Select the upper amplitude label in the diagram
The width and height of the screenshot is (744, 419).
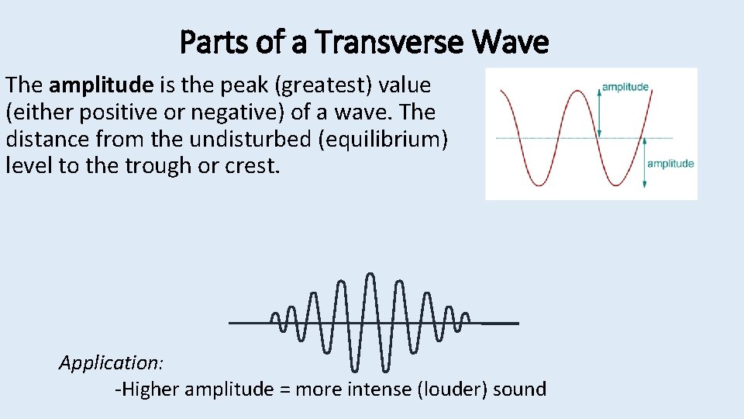click(x=625, y=87)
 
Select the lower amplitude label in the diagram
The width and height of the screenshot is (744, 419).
click(x=670, y=163)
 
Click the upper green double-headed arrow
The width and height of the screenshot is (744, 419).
click(x=599, y=113)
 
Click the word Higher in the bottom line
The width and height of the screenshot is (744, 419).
click(x=150, y=389)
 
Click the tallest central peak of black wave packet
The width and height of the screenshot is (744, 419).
click(x=370, y=275)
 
